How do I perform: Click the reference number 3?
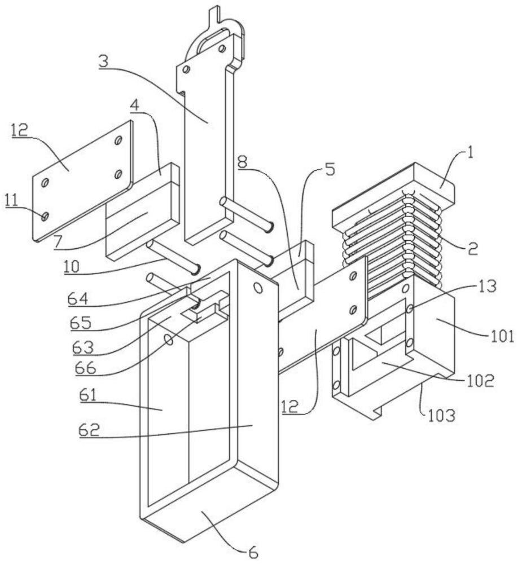point(103,61)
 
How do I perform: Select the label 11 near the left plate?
point(11,201)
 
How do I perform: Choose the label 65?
point(81,323)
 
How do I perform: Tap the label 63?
point(83,347)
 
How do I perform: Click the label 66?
point(86,368)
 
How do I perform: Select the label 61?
point(88,396)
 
